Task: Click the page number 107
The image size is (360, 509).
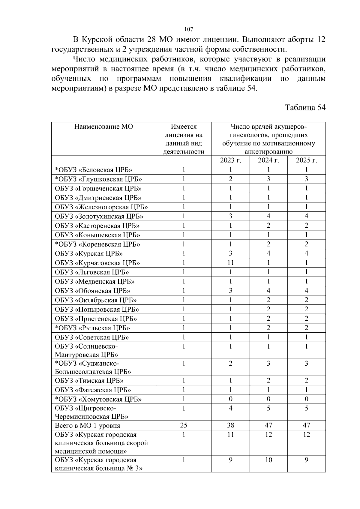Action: [x=188, y=29]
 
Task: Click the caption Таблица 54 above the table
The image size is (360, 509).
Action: [x=305, y=108]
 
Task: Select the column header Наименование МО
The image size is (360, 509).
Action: [x=103, y=127]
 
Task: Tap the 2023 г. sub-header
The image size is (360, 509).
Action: [x=230, y=160]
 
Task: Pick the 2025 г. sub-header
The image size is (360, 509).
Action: [x=306, y=160]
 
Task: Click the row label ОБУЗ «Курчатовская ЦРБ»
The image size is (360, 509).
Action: [x=97, y=263]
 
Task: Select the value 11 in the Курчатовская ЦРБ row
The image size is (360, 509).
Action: [x=230, y=263]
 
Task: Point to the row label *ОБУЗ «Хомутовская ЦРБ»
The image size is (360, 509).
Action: [x=98, y=400]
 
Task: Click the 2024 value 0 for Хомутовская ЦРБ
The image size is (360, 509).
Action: [x=268, y=399]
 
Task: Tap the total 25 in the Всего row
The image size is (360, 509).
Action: [x=184, y=425]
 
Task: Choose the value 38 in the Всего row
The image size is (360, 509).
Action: [x=230, y=425]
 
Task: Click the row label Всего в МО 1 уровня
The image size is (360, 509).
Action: [x=87, y=426]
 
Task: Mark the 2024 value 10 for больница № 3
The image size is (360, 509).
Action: [x=268, y=460]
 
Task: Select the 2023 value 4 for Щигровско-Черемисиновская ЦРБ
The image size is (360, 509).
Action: [x=230, y=408]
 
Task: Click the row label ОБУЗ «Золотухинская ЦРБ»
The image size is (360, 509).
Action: [x=99, y=217]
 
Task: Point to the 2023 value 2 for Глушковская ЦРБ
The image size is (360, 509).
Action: [x=230, y=179]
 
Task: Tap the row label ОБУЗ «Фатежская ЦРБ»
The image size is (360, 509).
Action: [x=93, y=390]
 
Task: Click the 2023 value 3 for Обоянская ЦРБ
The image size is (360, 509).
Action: [x=230, y=291]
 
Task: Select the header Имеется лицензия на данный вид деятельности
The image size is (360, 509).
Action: [x=184, y=139]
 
